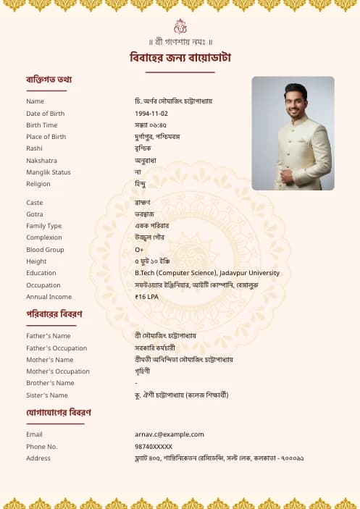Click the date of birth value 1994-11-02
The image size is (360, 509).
[x=151, y=114]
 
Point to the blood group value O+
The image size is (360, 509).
[x=139, y=250]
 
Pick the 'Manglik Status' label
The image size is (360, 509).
[x=49, y=172]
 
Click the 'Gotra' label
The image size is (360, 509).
[x=35, y=214]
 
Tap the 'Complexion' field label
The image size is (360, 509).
[x=44, y=237]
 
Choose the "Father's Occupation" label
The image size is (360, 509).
[x=56, y=348]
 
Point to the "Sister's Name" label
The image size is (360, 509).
[x=47, y=395]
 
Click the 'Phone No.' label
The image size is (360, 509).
[x=42, y=447]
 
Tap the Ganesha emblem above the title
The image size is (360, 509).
[x=180, y=26]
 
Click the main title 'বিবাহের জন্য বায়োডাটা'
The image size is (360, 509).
[x=180, y=57]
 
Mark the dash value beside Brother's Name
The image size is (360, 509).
[x=136, y=383]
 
